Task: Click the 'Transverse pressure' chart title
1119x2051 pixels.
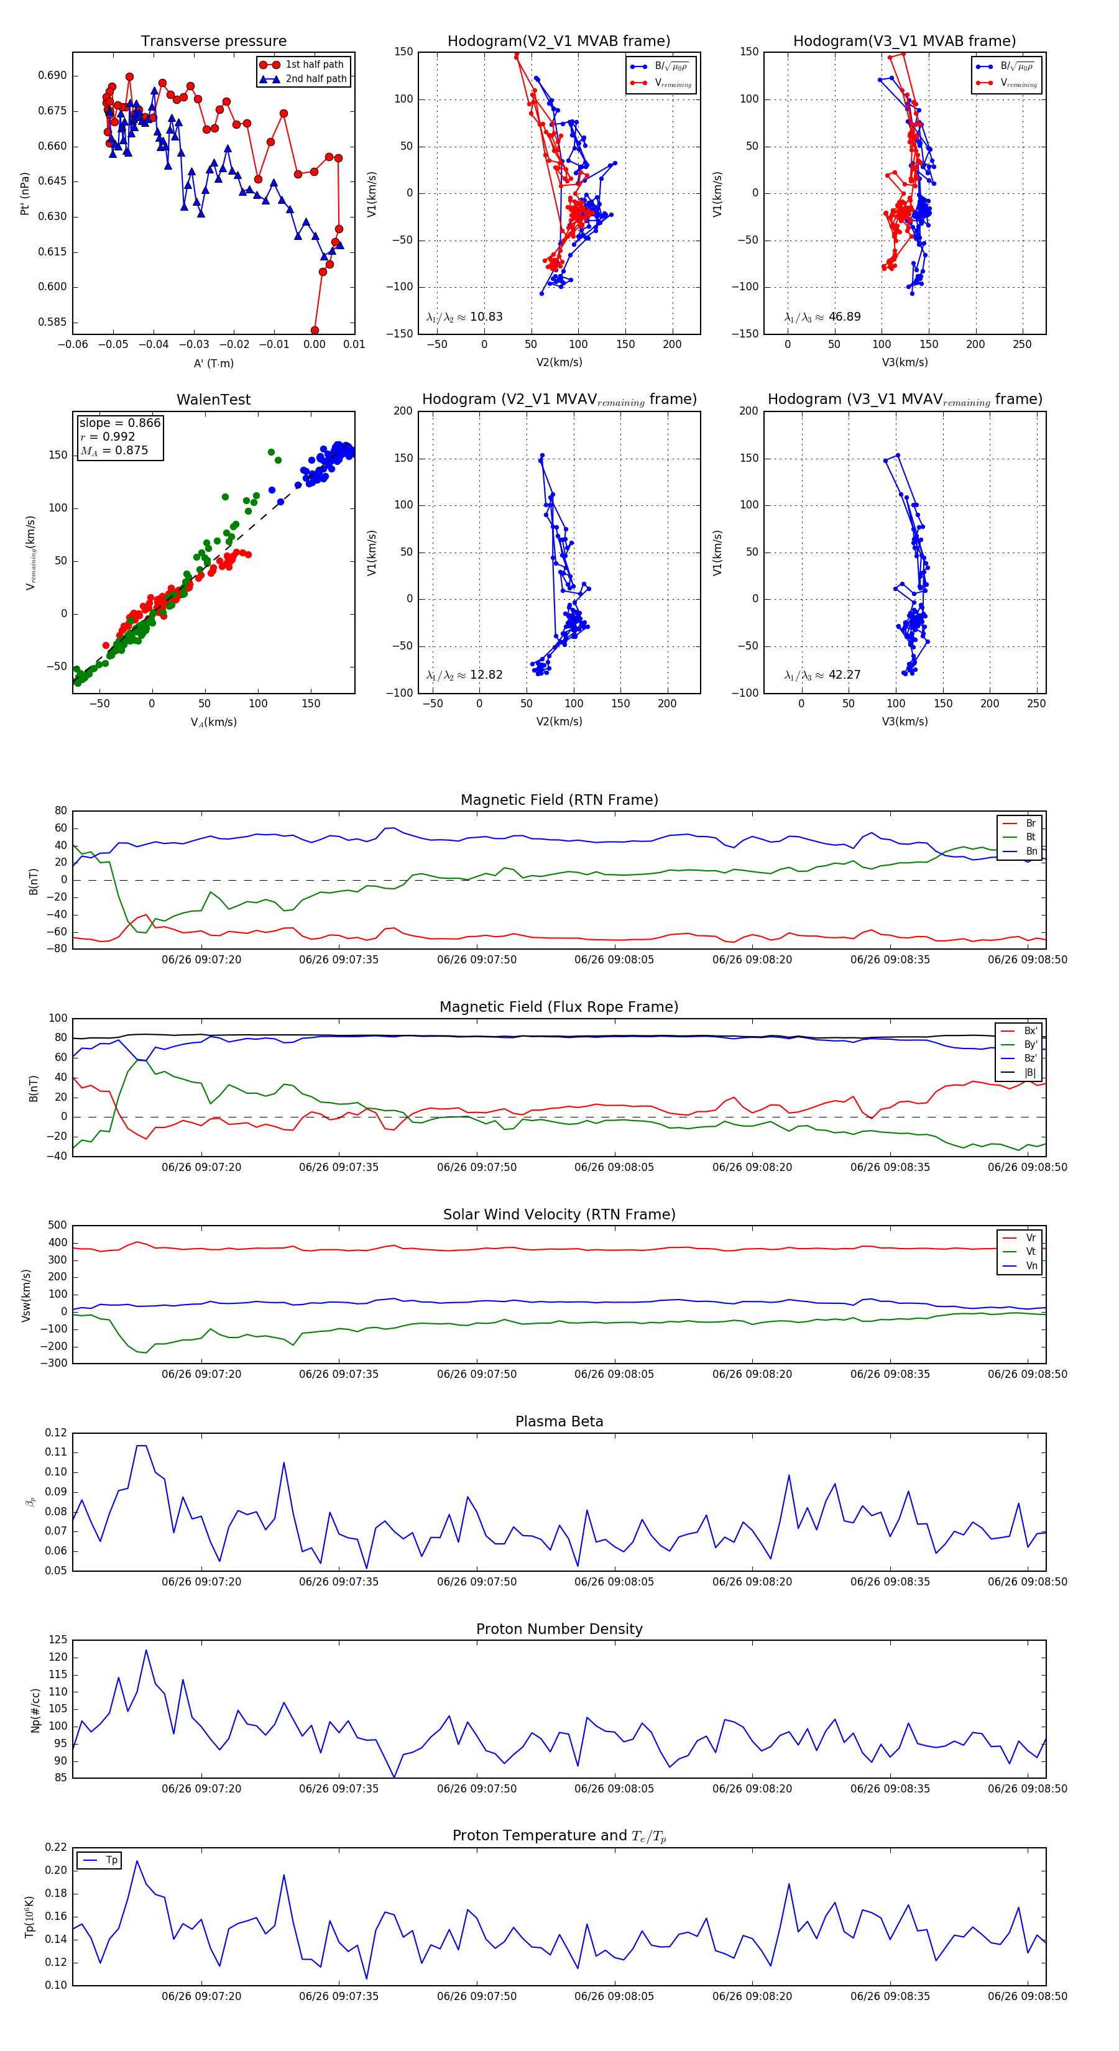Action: (x=213, y=42)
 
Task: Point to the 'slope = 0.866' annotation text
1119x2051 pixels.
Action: (x=119, y=423)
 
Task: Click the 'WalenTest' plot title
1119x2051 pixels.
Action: (x=213, y=400)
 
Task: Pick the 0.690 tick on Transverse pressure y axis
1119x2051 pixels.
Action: (x=52, y=76)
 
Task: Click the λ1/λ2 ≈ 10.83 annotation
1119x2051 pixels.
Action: (x=464, y=317)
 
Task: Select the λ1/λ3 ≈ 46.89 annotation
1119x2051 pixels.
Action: (x=822, y=317)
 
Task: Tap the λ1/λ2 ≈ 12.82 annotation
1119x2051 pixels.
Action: (x=464, y=675)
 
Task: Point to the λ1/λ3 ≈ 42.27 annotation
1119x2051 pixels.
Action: (x=822, y=675)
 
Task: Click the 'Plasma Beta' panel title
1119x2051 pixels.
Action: (x=559, y=1421)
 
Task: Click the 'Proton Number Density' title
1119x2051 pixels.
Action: (x=559, y=1629)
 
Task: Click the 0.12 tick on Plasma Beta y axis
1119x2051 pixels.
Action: (x=56, y=1433)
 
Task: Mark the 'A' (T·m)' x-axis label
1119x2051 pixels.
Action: (x=213, y=363)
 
